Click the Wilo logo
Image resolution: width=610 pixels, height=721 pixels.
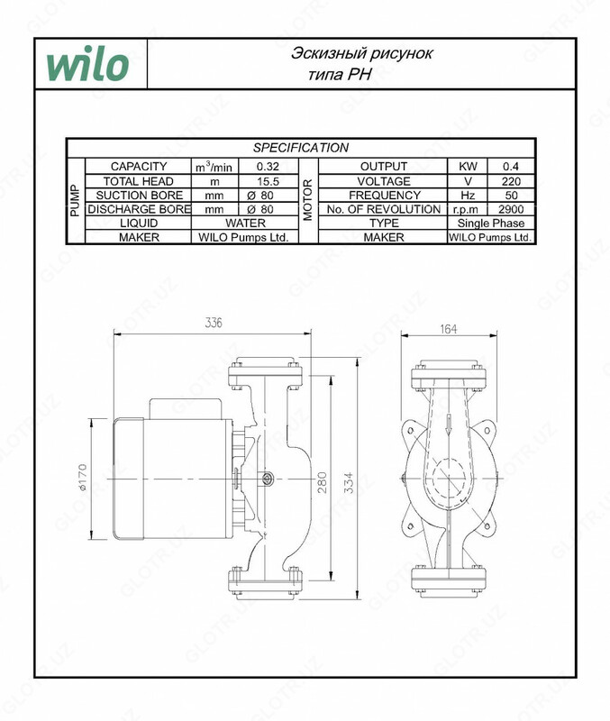87,65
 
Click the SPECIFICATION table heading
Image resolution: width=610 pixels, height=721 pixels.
300,148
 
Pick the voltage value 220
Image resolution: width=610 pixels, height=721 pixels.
510,181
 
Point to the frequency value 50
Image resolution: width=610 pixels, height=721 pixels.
510,195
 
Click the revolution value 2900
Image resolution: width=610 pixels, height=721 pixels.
510,209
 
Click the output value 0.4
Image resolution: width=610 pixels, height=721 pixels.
510,167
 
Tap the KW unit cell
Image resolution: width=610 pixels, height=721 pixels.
468,167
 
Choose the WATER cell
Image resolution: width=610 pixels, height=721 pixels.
246,223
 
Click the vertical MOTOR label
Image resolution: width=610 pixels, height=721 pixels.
308,201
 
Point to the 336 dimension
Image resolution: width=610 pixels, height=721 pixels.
212,324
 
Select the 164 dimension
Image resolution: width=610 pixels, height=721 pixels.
449,330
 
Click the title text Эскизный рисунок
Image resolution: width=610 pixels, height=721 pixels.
361,54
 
